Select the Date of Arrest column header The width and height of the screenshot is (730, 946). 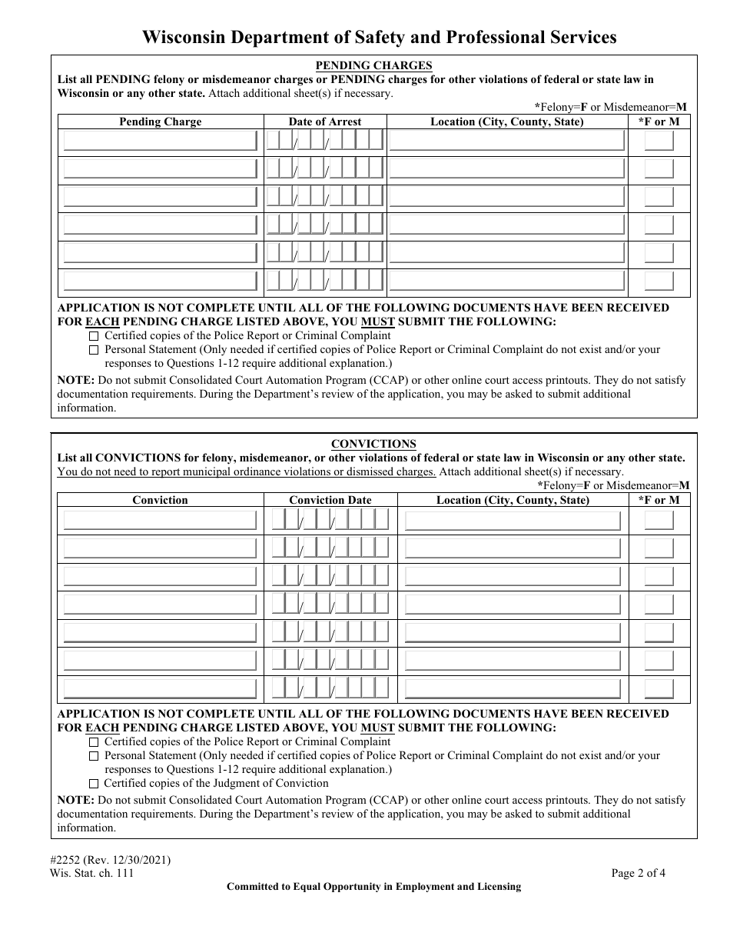(x=324, y=122)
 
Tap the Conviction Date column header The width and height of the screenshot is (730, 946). (x=330, y=500)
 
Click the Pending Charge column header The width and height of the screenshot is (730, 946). (x=160, y=122)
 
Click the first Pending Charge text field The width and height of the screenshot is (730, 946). (x=160, y=142)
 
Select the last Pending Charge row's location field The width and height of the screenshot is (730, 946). (x=507, y=281)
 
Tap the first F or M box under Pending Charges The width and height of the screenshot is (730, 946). (x=659, y=142)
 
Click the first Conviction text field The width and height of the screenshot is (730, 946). (x=160, y=521)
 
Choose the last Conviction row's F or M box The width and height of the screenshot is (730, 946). (x=659, y=688)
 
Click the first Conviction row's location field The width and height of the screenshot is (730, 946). (x=513, y=521)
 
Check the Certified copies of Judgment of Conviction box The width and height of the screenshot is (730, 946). (x=94, y=784)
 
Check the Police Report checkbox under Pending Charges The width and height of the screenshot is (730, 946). (x=94, y=336)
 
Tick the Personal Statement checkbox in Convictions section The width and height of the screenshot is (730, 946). (x=94, y=756)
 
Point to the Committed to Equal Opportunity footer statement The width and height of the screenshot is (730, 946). (x=373, y=887)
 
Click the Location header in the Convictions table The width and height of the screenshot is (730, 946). (x=513, y=500)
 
